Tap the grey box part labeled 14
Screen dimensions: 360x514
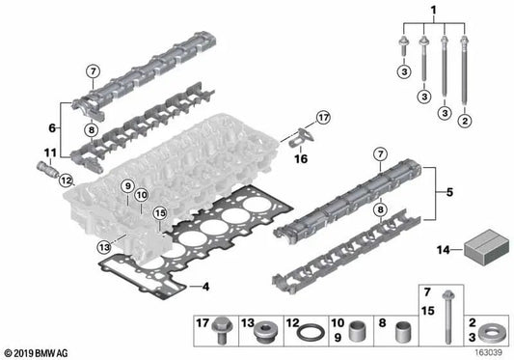(x=486, y=248)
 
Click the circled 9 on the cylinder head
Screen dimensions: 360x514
(x=126, y=184)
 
